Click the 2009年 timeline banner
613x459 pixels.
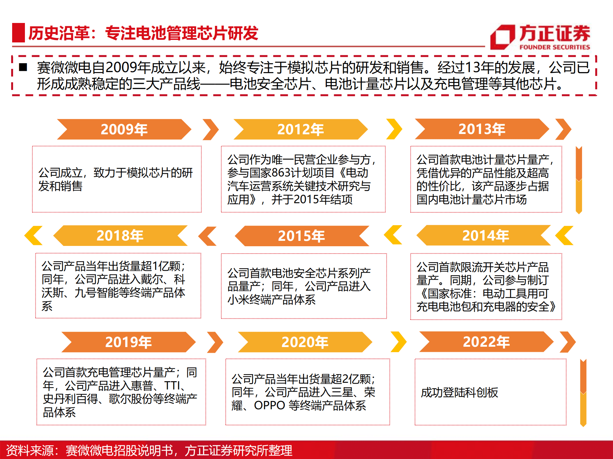click(124, 129)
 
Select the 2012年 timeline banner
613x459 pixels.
click(300, 129)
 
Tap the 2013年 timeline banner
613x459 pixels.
click(482, 129)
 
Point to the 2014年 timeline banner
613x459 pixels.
click(485, 235)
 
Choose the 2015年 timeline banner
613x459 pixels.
click(301, 236)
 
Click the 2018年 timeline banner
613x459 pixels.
click(120, 235)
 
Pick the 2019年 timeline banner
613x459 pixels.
click(128, 342)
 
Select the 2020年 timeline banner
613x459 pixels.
click(305, 342)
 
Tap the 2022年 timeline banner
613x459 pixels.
click(486, 342)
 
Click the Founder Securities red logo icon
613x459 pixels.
click(502, 37)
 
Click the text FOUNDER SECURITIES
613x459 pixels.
click(555, 47)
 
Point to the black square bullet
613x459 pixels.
click(23, 67)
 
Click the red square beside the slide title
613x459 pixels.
click(18, 33)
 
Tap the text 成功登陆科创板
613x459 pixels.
click(459, 392)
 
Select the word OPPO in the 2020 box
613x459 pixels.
click(269, 405)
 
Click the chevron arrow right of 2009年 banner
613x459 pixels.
click(211, 129)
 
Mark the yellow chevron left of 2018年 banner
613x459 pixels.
click(34, 235)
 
